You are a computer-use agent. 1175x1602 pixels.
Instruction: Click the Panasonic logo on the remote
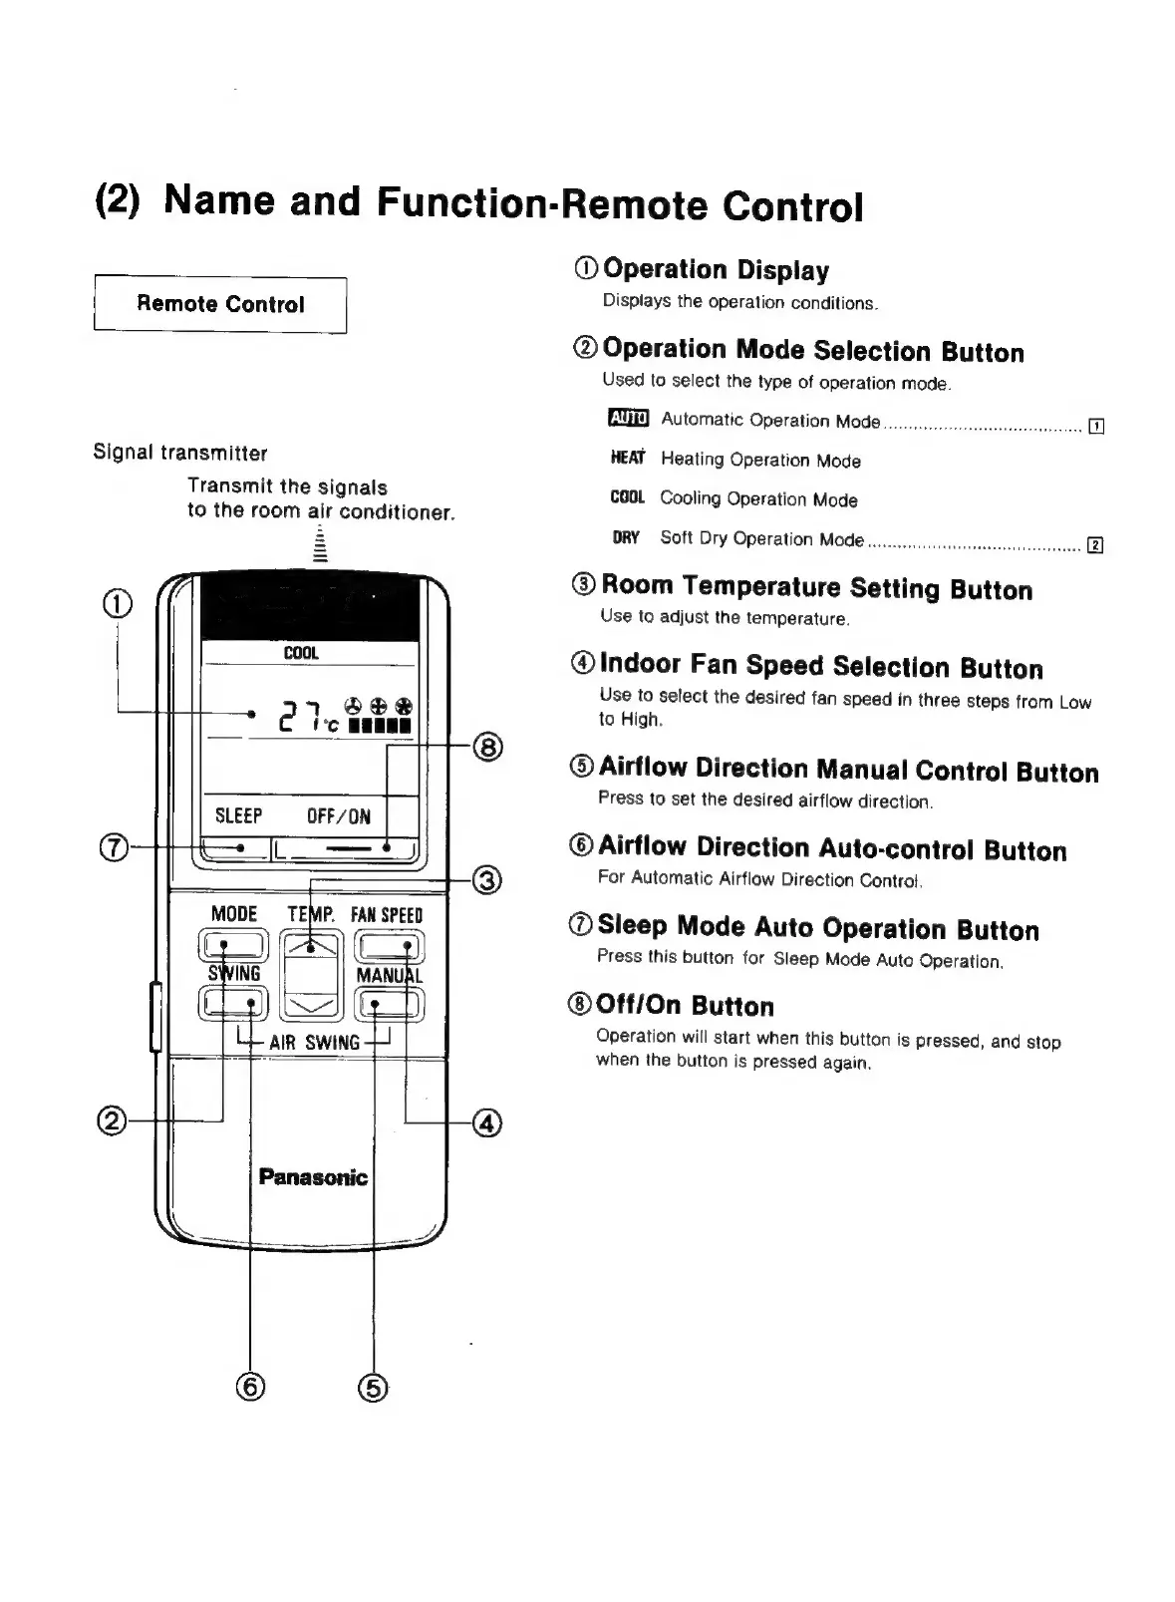313,1177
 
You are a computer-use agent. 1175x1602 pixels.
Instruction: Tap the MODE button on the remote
233,945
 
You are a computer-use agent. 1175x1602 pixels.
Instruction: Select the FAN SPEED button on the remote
390,945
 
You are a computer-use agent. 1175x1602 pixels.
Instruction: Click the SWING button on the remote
233,1002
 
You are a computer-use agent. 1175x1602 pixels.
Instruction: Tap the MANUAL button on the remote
390,1002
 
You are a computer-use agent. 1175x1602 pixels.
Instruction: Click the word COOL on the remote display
301,653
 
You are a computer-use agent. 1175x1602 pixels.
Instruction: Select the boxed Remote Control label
220,304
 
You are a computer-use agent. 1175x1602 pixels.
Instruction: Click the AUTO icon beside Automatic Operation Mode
628,419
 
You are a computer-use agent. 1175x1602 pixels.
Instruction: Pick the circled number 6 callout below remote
250,1387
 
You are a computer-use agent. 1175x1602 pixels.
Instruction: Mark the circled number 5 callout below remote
373,1387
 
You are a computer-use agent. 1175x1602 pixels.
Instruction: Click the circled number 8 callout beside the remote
487,747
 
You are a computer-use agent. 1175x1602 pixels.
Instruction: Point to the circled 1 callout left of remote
117,603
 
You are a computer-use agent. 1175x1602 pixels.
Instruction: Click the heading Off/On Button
684,1005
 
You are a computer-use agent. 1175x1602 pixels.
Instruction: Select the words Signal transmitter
180,453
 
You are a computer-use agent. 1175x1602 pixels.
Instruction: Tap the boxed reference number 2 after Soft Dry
1095,544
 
